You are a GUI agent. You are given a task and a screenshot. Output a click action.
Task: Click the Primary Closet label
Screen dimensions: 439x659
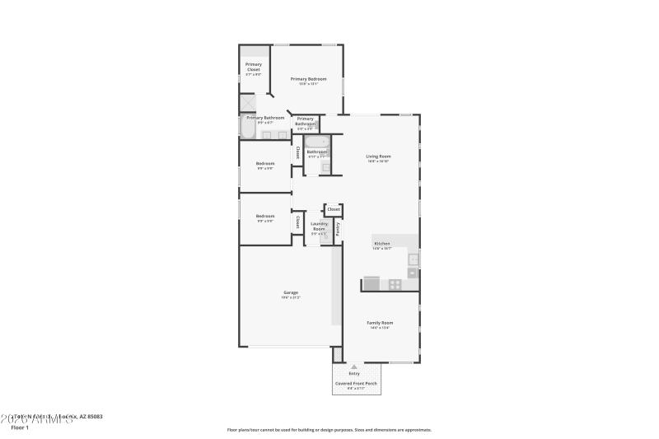254,67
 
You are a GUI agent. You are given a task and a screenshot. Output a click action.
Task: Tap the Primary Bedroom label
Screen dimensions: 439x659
308,79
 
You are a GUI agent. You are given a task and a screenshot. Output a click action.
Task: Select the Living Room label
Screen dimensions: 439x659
378,156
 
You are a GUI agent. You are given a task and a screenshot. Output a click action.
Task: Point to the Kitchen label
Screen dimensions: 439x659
382,244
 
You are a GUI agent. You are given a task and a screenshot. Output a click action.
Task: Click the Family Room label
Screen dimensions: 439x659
380,323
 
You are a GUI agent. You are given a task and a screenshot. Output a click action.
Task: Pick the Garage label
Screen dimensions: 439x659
290,292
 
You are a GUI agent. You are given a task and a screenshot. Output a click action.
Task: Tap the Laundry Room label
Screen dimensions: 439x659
319,226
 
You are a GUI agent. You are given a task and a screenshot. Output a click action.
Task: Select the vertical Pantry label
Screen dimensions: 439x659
338,228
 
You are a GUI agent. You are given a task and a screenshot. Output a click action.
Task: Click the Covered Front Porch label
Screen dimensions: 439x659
355,384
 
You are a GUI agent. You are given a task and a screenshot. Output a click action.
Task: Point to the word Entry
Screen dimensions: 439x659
354,374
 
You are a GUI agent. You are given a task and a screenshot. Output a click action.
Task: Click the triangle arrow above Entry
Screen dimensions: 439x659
354,367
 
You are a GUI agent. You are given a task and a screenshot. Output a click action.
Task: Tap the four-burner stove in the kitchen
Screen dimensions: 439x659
395,284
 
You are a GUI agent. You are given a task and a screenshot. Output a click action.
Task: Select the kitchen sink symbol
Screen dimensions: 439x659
414,259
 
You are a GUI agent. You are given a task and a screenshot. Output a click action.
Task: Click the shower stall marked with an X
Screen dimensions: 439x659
247,103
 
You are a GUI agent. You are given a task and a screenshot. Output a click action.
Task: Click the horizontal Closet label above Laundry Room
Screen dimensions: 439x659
334,209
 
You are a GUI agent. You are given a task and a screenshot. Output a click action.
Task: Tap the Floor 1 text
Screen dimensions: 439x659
20,427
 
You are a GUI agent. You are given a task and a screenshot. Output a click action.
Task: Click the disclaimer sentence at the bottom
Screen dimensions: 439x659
329,429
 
